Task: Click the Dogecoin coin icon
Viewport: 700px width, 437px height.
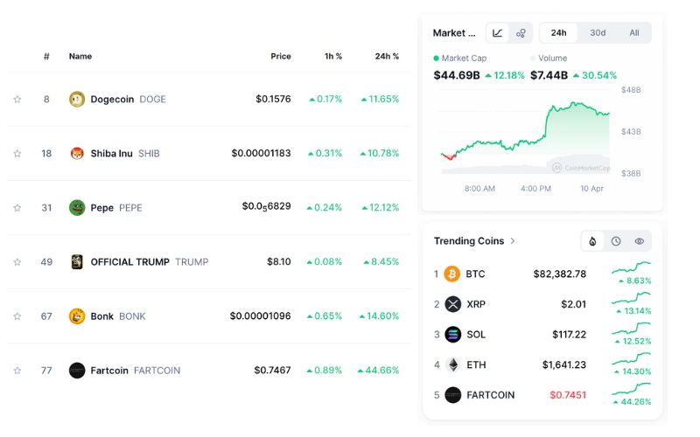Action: (77, 99)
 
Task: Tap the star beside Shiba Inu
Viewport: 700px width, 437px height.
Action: (17, 154)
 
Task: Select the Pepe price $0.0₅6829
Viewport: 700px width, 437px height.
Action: (266, 207)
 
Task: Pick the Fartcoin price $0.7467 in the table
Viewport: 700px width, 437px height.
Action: (272, 370)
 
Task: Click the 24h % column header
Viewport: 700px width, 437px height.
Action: (387, 56)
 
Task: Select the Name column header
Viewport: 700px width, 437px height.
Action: (80, 56)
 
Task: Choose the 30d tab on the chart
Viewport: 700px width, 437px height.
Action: (598, 33)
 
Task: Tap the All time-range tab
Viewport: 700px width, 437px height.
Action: (634, 33)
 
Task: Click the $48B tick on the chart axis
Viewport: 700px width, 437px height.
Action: (631, 90)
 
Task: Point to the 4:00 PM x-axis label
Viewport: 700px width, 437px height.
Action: (535, 188)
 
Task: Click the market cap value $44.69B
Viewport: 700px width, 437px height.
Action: (457, 75)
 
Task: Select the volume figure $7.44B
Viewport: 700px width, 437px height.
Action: (549, 75)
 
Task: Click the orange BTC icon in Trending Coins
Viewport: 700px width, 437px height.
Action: (452, 274)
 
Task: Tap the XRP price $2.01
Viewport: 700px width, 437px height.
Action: (573, 304)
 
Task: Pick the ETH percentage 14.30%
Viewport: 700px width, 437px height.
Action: (635, 371)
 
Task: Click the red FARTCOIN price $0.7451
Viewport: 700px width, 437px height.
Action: (568, 394)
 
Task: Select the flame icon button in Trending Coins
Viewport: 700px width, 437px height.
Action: (592, 241)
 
